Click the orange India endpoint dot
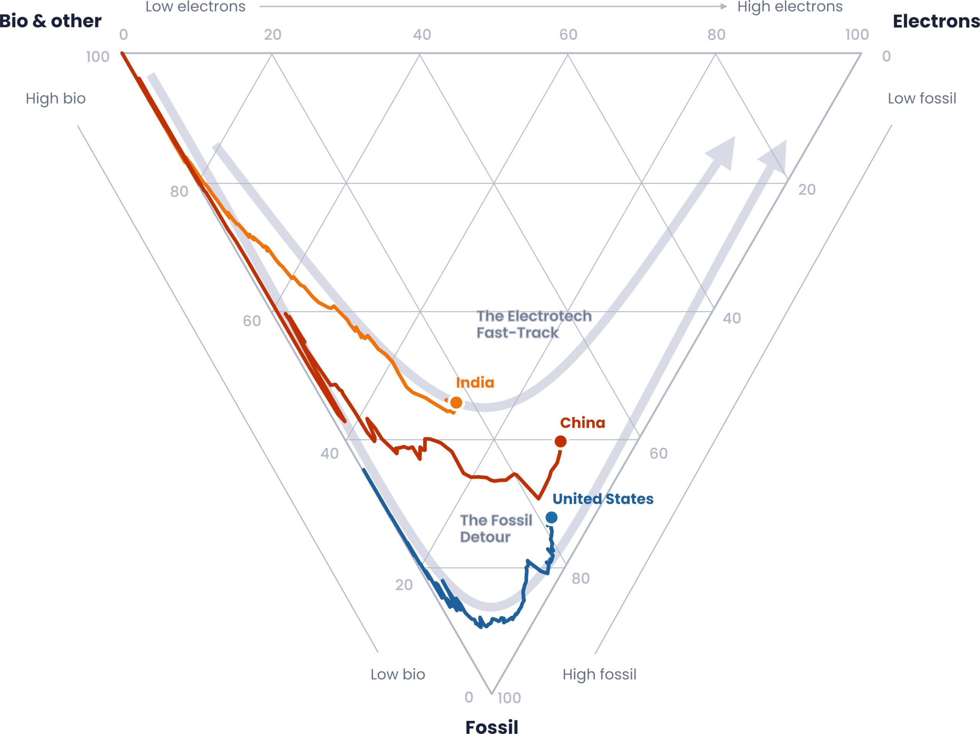456,403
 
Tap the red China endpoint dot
560,441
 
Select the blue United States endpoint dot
551,517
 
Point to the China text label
583,423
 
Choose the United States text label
603,499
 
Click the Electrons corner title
936,21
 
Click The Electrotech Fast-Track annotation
534,324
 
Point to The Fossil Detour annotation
496,528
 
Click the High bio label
56,99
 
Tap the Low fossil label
921,99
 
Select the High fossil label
599,674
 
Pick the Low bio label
398,674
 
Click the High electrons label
789,7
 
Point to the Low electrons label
195,7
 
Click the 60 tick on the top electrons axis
568,34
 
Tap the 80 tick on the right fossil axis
580,578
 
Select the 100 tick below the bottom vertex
509,698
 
